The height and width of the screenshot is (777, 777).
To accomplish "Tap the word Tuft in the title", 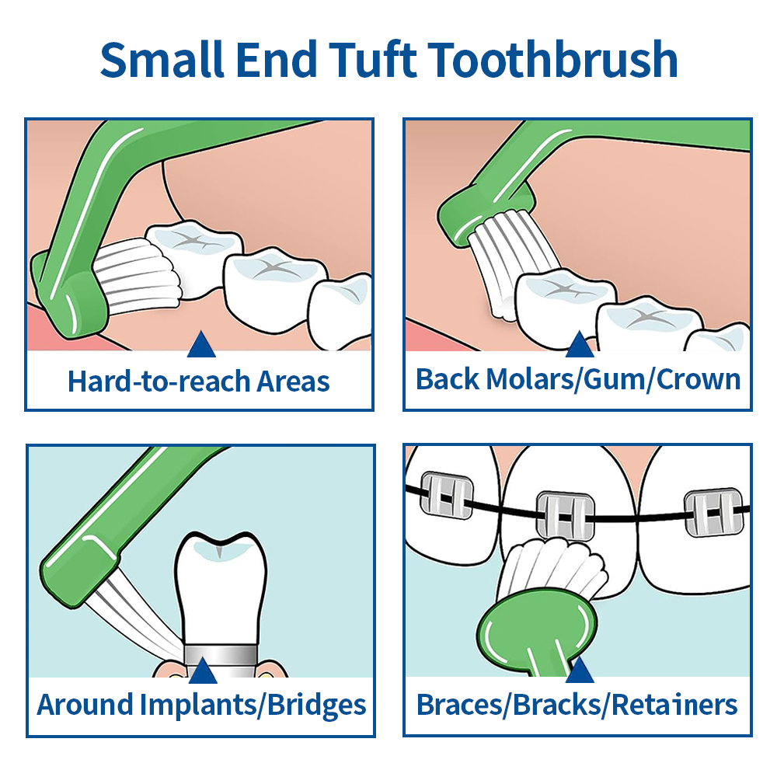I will tap(371, 60).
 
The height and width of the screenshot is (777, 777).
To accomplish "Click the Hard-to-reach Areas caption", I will tap(199, 382).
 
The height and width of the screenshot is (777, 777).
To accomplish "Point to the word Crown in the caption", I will tap(699, 379).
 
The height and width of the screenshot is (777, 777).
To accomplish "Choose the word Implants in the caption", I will tap(198, 705).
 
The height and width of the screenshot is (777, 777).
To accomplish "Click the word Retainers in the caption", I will tap(674, 705).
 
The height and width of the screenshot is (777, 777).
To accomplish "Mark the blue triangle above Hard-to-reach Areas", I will tap(201, 344).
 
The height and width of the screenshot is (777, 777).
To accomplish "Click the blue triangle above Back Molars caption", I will tap(579, 344).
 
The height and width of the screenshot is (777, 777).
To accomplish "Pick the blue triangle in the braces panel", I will tap(579, 670).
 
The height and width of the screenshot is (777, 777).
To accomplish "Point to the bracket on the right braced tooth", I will tap(713, 512).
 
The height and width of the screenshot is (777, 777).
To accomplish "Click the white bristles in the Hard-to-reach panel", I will tap(140, 272).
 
